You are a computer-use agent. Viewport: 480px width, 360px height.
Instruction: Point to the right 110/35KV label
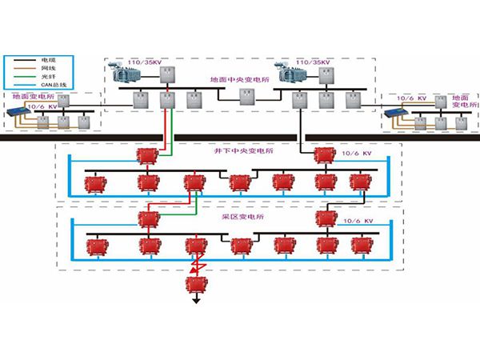pyautogui.click(x=311, y=62)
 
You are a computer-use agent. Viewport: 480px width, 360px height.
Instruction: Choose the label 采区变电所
pyautogui.click(x=238, y=217)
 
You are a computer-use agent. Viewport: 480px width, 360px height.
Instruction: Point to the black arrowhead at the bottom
pyautogui.click(x=194, y=303)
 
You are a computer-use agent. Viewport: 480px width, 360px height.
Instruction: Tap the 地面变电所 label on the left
pyautogui.click(x=29, y=96)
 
